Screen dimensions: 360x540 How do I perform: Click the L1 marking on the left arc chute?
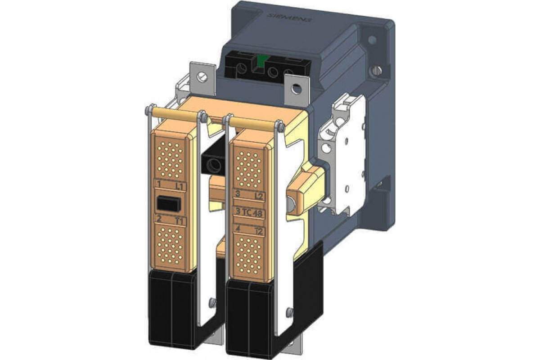[179, 185]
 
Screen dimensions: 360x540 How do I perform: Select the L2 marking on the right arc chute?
[258, 196]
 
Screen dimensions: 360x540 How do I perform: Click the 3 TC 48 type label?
[249, 212]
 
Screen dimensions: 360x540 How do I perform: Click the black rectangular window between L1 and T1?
[169, 204]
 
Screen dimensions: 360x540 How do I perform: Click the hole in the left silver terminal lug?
[203, 77]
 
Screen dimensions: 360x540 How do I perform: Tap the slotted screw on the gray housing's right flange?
[377, 70]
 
